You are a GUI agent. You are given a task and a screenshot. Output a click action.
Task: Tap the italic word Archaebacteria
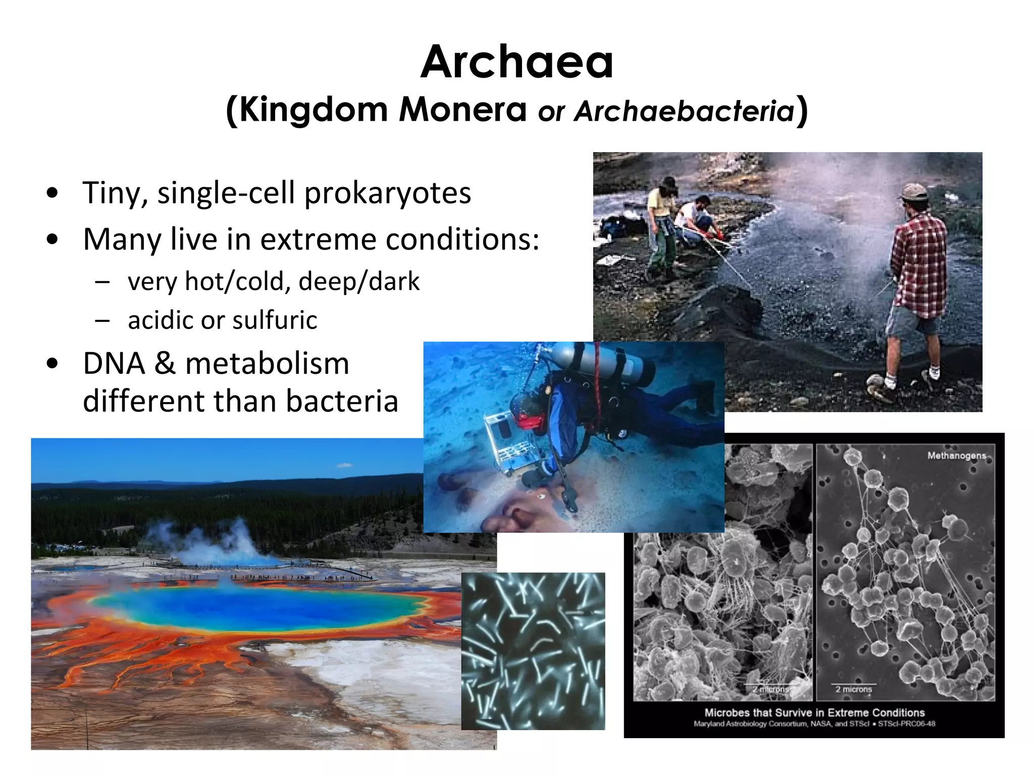click(x=684, y=111)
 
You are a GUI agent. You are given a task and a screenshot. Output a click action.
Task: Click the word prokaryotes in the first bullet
click(x=388, y=193)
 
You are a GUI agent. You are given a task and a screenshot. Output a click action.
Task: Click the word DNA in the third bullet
click(x=114, y=364)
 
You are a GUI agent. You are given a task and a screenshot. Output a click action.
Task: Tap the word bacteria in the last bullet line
click(x=342, y=402)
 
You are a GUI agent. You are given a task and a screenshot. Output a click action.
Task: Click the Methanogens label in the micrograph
click(x=956, y=456)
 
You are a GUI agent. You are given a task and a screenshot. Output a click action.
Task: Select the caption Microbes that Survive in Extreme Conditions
click(x=814, y=713)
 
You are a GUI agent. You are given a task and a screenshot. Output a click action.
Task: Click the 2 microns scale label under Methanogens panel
click(x=853, y=689)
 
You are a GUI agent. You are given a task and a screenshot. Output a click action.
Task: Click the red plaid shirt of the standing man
click(x=919, y=258)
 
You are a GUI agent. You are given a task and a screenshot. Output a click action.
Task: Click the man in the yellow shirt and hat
click(x=659, y=222)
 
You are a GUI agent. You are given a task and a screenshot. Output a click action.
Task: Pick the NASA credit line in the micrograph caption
click(x=814, y=724)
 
